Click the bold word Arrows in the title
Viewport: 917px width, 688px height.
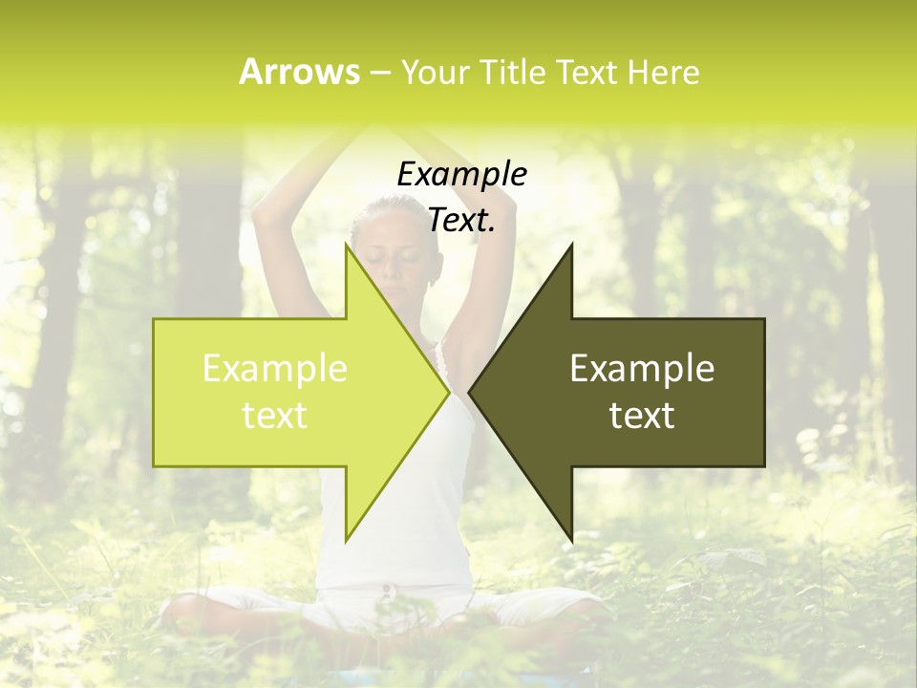(x=299, y=72)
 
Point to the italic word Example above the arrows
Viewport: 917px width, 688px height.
(x=461, y=175)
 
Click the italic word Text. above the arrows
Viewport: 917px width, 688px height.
(x=461, y=221)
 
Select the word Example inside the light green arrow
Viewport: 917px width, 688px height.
(x=275, y=369)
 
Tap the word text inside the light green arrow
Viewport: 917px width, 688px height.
(x=275, y=416)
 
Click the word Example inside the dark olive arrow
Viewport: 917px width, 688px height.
(x=642, y=369)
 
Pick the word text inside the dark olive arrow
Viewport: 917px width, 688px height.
(x=642, y=416)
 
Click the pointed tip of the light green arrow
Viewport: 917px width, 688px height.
(x=447, y=392)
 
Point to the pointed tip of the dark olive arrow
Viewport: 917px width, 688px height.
(x=471, y=392)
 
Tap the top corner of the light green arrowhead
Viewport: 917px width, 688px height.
(x=346, y=245)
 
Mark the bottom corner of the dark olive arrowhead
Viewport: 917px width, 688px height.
(x=571, y=541)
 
